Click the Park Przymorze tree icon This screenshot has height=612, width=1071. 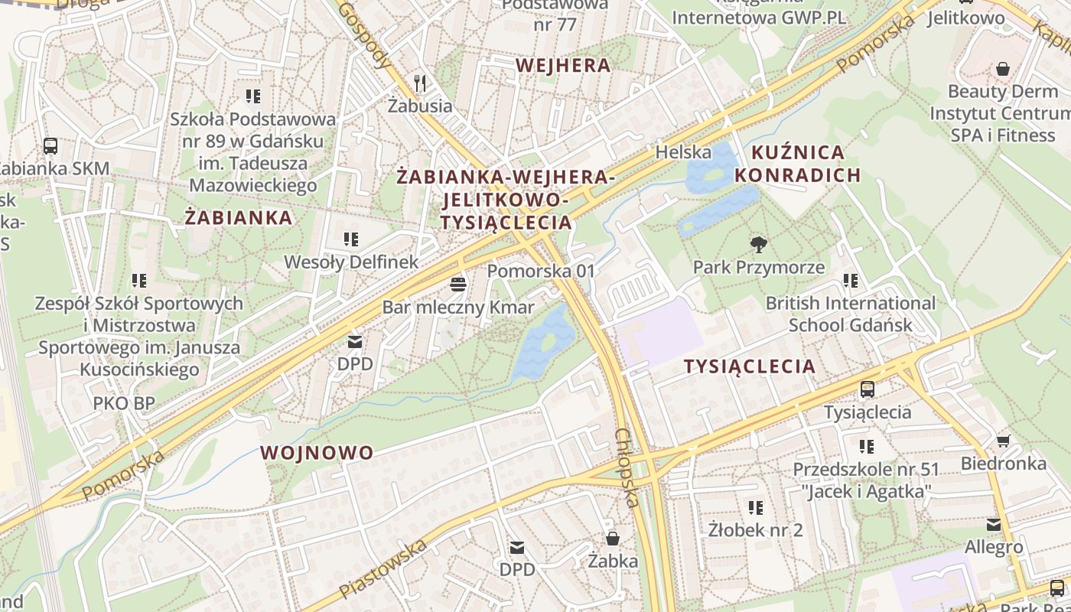coord(759,245)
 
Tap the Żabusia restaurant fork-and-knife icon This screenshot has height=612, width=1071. coord(419,83)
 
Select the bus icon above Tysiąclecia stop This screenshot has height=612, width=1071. coord(867,389)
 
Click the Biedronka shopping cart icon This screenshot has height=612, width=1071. coord(1003,441)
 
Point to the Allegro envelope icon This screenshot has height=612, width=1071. coord(993,525)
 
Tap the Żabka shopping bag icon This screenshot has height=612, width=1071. coord(612,539)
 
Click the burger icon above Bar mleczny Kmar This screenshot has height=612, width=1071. coord(458,285)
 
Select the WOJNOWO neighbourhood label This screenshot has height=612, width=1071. coord(317,452)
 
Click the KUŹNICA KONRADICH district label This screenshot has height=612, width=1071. coord(798,164)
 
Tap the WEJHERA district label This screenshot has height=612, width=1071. coord(563,66)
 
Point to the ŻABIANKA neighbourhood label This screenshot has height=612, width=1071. coord(239,217)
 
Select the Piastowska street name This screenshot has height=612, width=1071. coord(382,569)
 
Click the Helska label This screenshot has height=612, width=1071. coord(683,152)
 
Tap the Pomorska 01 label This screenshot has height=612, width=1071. coord(541,271)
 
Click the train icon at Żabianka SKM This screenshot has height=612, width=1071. coord(50,145)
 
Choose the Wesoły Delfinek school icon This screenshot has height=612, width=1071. coord(351,239)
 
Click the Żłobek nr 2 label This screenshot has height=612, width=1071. coord(755,529)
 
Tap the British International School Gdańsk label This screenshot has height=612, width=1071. coord(850,314)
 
